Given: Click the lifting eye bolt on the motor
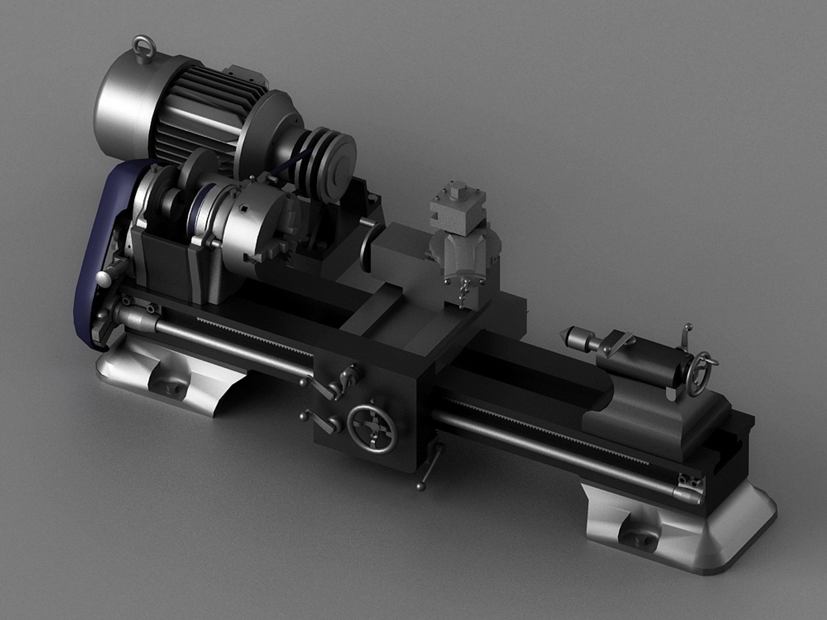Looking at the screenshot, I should pos(140,46).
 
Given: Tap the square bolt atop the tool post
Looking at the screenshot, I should pos(458,191).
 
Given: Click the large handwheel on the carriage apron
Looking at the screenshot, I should pos(373,430).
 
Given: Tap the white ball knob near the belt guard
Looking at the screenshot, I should pos(103,280).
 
